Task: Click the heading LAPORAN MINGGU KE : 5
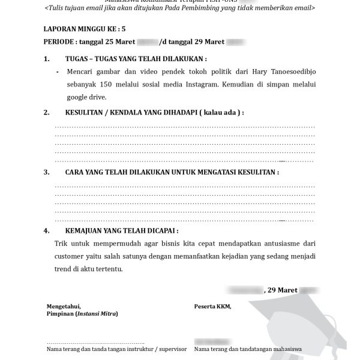point(85,28)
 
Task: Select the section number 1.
point(46,59)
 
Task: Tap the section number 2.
point(46,112)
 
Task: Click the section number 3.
point(46,172)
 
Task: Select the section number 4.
point(46,230)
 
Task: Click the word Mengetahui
point(63,306)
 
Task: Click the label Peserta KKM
point(212,306)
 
